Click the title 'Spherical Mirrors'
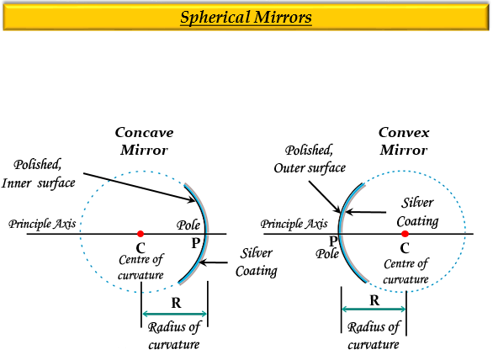coord(246,18)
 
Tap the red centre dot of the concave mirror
coord(140,234)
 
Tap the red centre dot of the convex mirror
coord(405,234)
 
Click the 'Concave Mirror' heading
coord(145,141)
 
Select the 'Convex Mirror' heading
coord(404,141)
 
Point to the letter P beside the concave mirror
coord(195,243)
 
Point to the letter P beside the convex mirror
coord(333,241)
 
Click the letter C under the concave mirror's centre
coord(140,248)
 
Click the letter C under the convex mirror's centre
coord(405,248)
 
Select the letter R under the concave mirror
coord(176,303)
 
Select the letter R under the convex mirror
coord(374,300)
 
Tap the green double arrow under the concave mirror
coord(174,314)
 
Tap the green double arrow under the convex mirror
coord(374,310)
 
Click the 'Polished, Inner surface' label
coord(39,173)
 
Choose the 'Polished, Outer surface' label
coord(310,159)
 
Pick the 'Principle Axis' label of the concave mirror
coord(42,224)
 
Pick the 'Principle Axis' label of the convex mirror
coord(294,224)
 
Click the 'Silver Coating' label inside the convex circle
coord(417,212)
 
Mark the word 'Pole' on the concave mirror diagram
coord(188,225)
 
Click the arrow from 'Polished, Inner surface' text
coord(140,187)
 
